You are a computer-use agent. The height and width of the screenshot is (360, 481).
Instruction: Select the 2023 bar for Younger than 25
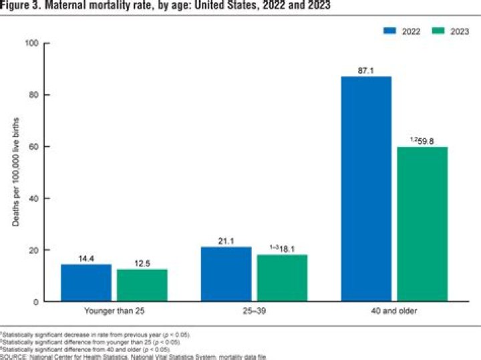pyautogui.click(x=142, y=286)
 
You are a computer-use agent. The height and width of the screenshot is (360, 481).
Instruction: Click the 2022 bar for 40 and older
pyautogui.click(x=366, y=189)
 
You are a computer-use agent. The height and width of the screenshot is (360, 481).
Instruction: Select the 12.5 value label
pyautogui.click(x=142, y=262)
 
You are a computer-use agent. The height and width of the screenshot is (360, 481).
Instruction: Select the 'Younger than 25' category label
pyautogui.click(x=115, y=312)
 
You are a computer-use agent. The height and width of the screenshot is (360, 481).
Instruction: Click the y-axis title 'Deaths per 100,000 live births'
pyautogui.click(x=15, y=172)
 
